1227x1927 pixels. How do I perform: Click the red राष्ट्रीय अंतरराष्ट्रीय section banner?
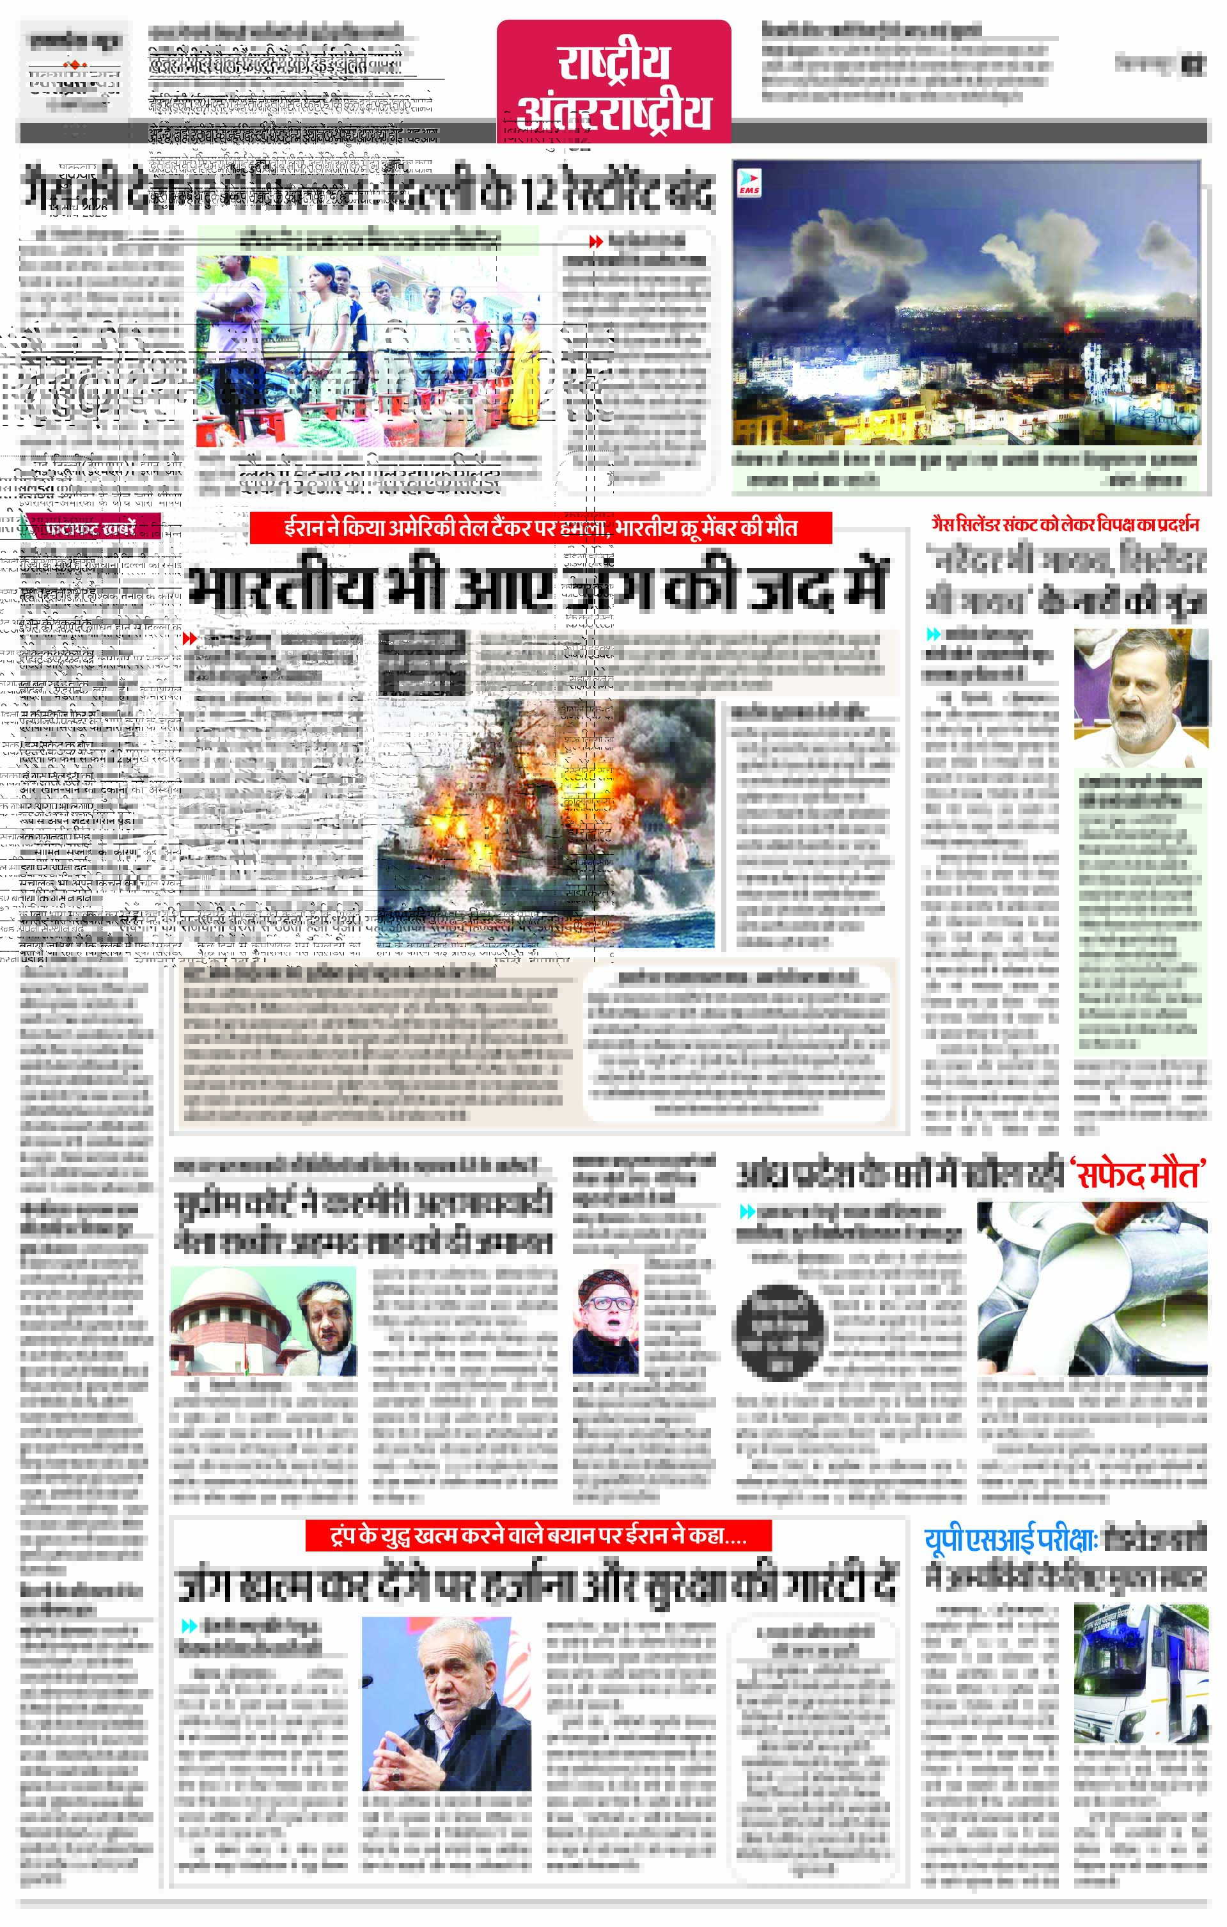[x=614, y=83]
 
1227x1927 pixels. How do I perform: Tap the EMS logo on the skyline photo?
[x=749, y=182]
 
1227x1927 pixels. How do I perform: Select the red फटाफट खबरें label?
[x=90, y=529]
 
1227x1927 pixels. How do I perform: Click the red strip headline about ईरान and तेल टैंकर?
[x=541, y=528]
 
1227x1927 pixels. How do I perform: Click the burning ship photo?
[x=545, y=824]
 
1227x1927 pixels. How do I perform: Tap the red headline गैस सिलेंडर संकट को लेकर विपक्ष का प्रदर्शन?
[x=1065, y=525]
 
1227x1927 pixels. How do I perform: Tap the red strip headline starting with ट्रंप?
[x=538, y=1535]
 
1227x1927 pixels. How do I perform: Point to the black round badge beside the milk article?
[x=778, y=1331]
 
